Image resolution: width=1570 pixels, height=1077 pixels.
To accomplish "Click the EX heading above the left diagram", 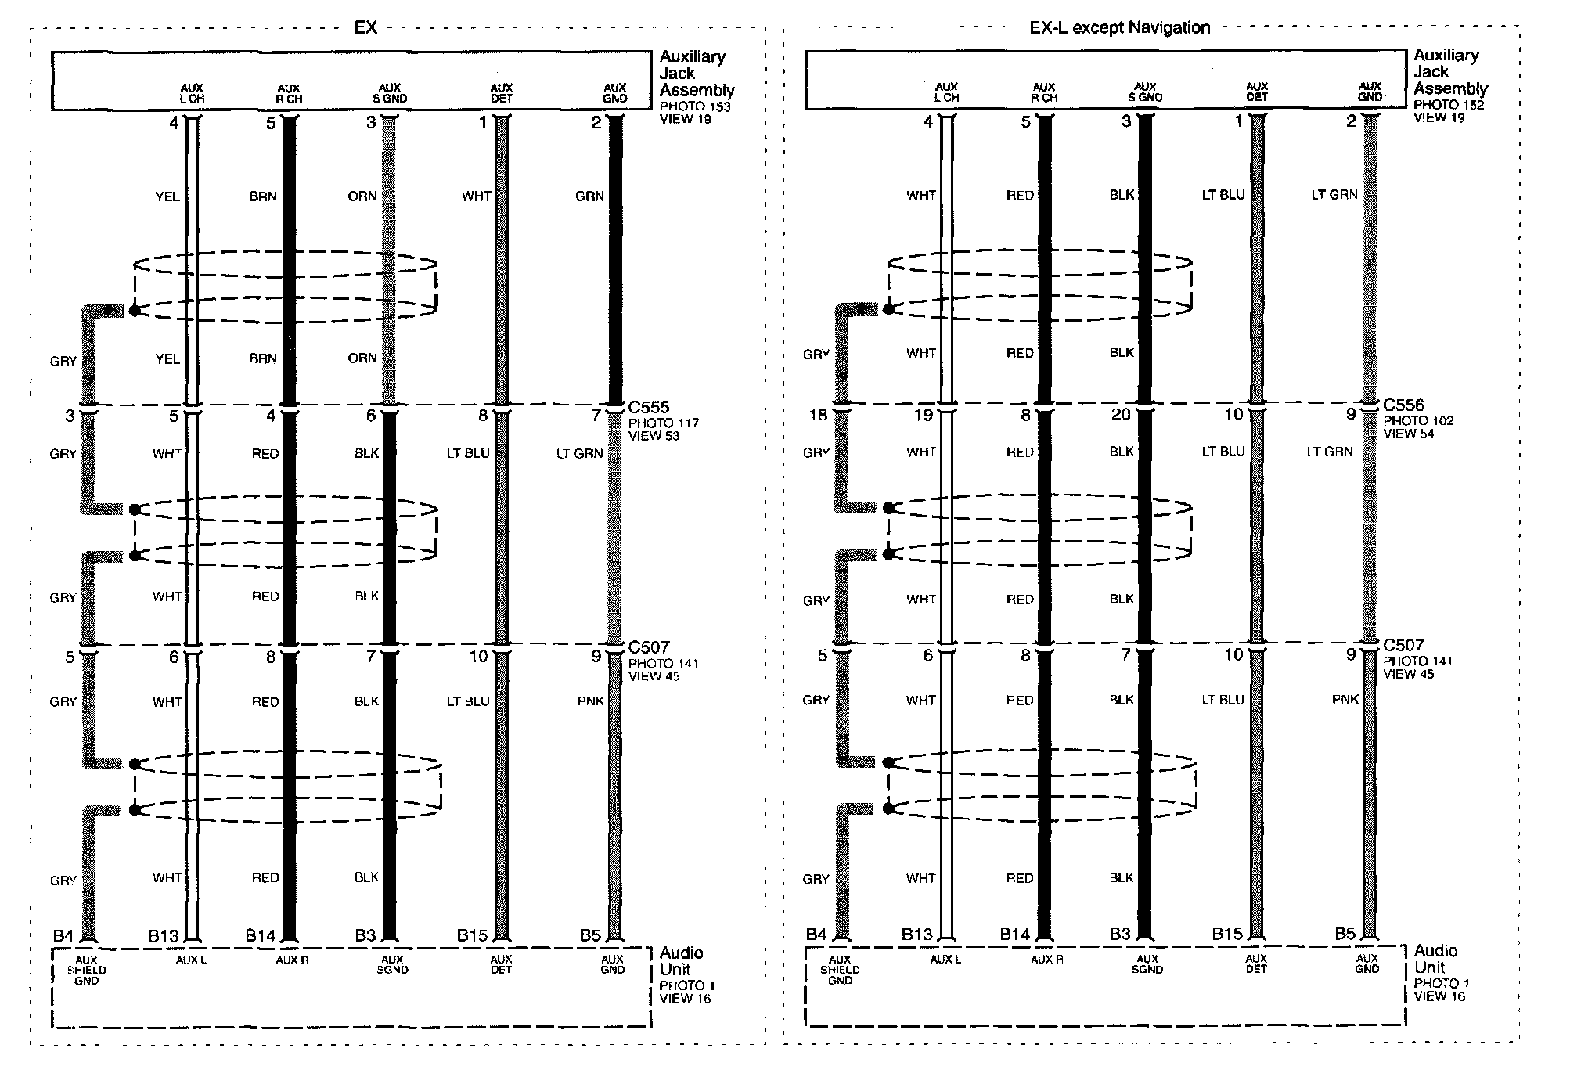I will tap(365, 27).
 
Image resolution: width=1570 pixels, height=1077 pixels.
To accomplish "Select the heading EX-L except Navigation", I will tap(1120, 28).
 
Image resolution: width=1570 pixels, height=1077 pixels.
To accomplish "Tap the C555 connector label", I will tap(649, 407).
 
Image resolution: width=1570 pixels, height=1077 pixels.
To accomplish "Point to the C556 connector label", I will tap(1403, 405).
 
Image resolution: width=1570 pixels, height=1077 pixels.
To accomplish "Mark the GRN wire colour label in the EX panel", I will tap(589, 196).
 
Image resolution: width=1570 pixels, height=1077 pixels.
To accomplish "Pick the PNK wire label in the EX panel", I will tap(590, 701).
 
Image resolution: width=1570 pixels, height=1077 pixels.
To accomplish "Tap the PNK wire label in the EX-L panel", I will tap(1345, 699).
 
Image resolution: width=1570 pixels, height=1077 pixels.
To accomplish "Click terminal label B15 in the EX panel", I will tap(473, 935).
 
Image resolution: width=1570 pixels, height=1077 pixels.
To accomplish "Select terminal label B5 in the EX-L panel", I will tap(1345, 933).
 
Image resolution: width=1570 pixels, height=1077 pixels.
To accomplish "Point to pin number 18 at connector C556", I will tap(818, 415).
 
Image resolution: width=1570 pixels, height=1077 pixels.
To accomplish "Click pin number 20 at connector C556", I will tap(1121, 415).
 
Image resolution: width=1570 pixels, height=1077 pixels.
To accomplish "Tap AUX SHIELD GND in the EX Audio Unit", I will tap(86, 971).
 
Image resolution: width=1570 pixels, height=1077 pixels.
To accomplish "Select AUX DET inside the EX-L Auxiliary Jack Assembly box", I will tap(1257, 92).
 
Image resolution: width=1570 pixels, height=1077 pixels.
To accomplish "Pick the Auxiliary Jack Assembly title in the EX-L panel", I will tap(1450, 72).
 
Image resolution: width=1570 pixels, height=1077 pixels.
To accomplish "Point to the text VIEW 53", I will tap(654, 436).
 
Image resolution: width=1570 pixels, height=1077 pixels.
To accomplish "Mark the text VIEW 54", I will tap(1409, 434).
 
